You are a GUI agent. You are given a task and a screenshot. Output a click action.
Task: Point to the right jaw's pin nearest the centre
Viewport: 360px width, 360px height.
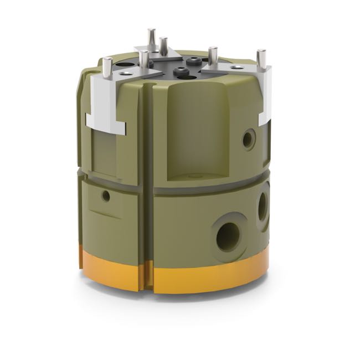(212, 55)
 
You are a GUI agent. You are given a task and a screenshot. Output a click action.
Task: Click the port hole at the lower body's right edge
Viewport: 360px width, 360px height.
(264, 205)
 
